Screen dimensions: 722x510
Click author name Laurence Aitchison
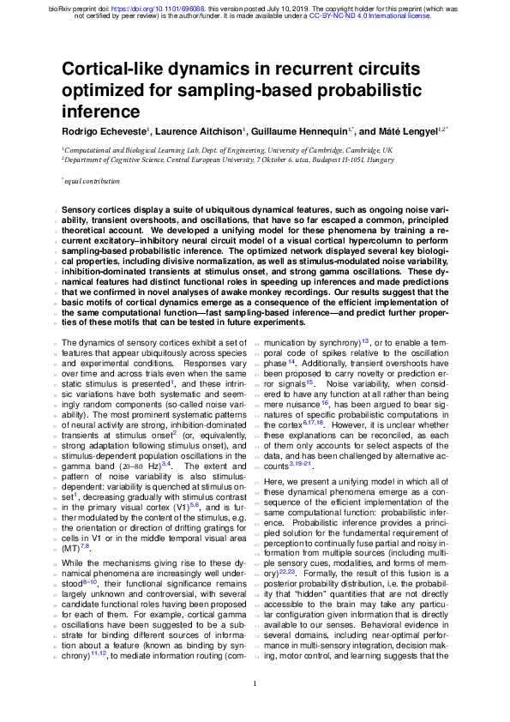(201, 130)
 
